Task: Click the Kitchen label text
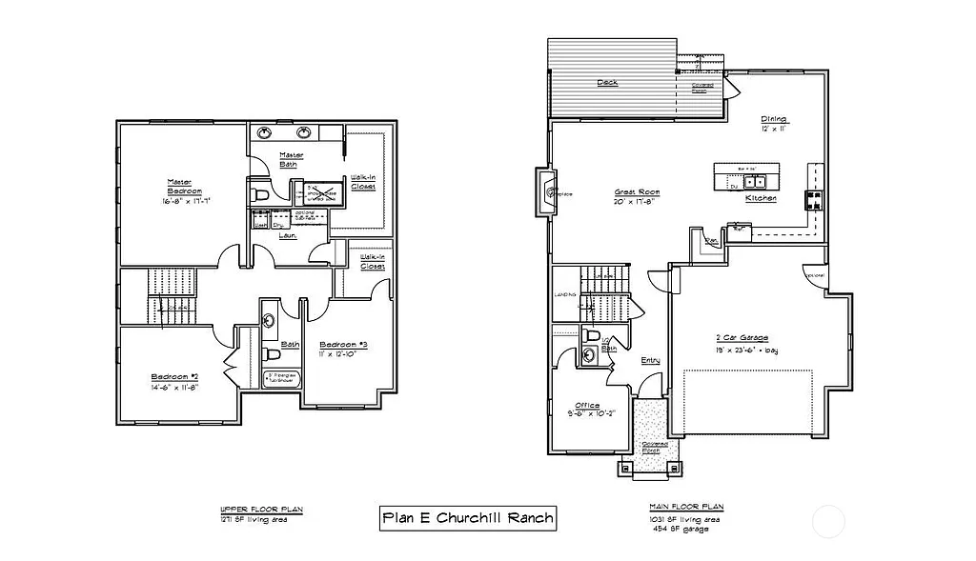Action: coord(761,198)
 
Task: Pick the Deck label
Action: coord(607,83)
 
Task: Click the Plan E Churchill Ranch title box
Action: coord(466,518)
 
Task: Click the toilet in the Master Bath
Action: coord(260,194)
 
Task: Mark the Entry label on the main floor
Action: coord(651,360)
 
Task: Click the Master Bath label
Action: coord(291,159)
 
